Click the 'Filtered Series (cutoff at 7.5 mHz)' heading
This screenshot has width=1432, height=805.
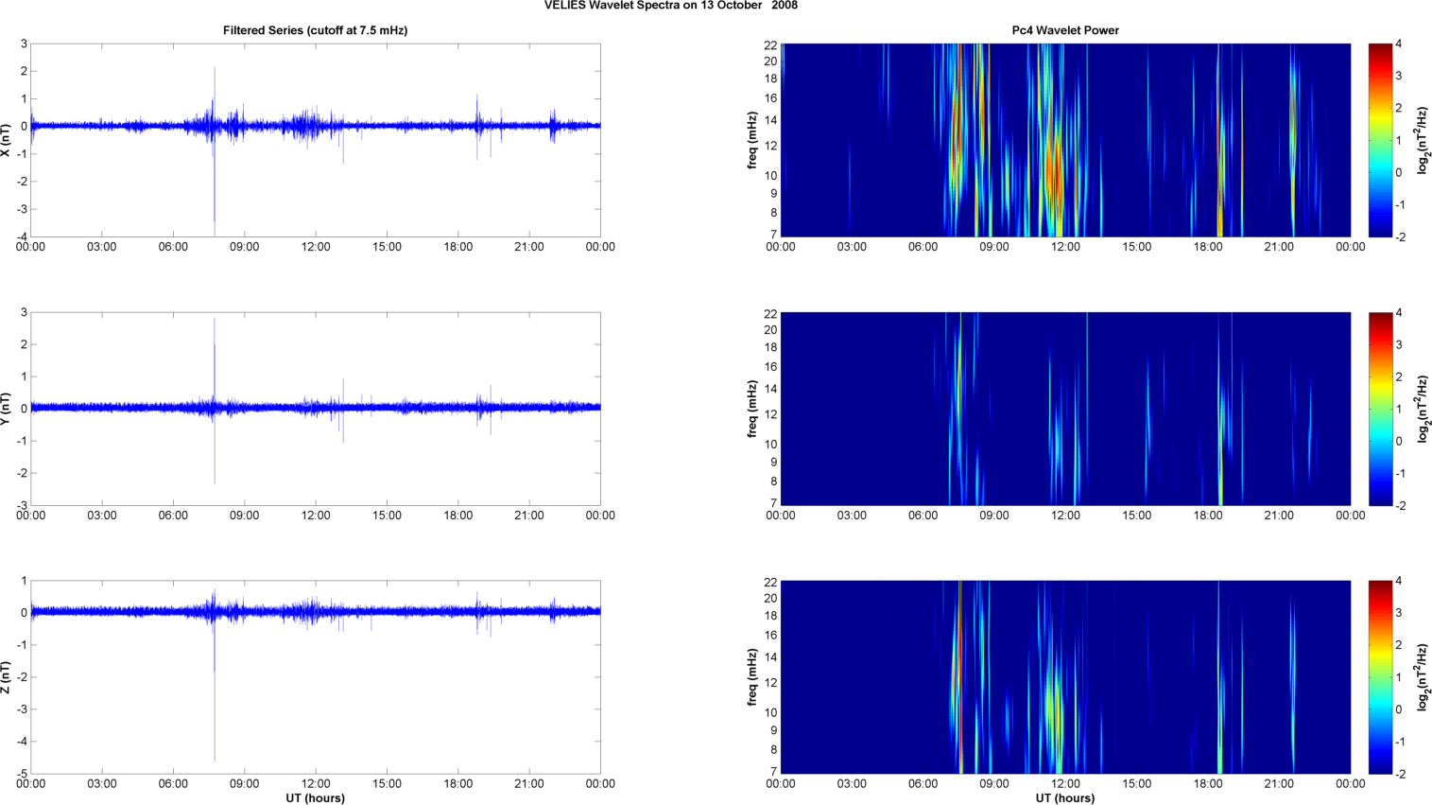[x=315, y=30]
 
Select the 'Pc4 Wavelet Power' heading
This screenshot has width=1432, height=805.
[x=1065, y=30]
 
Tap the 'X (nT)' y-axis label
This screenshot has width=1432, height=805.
[x=7, y=140]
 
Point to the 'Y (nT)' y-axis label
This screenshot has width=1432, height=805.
[x=7, y=409]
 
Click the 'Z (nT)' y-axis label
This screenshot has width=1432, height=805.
[x=7, y=677]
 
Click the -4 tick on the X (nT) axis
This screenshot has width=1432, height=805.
[x=23, y=236]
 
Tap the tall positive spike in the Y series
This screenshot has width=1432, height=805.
[x=215, y=320]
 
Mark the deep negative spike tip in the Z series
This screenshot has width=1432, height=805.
[x=215, y=760]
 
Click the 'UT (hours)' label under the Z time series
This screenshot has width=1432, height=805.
[x=315, y=798]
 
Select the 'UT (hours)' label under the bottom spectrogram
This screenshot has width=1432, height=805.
[x=1065, y=798]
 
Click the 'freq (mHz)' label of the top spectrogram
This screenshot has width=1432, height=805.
[x=752, y=140]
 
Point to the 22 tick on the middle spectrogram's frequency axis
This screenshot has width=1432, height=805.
[x=770, y=314]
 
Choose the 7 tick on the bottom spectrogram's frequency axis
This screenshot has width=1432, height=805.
[x=773, y=771]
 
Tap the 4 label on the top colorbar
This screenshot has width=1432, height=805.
[x=1398, y=44]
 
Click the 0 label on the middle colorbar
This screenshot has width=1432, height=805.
[x=1398, y=442]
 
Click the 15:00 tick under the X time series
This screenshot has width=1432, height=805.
[x=387, y=247]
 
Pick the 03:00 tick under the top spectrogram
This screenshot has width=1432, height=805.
[x=852, y=247]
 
